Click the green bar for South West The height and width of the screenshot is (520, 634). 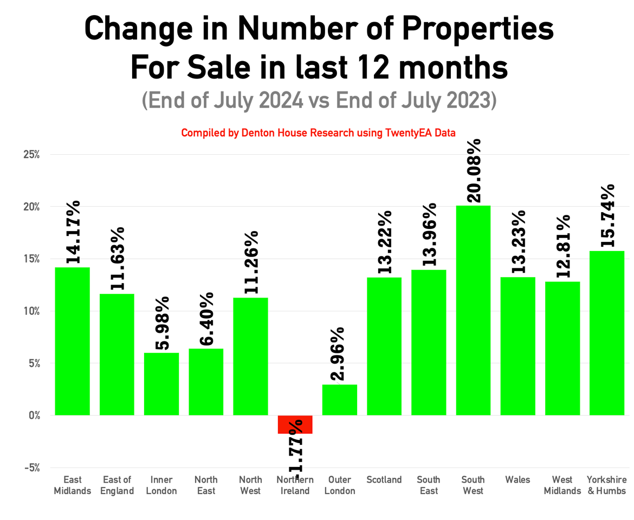(x=473, y=311)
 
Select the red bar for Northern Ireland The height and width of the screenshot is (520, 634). (x=295, y=424)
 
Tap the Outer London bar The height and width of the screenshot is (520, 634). (x=340, y=400)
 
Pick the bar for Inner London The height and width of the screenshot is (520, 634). (x=161, y=384)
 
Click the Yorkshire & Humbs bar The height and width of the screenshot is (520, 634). (x=607, y=333)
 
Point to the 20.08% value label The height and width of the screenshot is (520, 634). (x=474, y=170)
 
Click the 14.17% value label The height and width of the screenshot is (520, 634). (x=73, y=232)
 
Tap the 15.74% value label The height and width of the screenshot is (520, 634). (x=607, y=216)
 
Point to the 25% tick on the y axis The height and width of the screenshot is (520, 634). (x=31, y=155)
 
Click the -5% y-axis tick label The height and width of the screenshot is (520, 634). (x=33, y=468)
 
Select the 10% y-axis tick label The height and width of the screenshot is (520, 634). (x=31, y=311)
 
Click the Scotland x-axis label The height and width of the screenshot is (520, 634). (x=384, y=479)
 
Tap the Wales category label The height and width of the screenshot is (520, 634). (x=517, y=479)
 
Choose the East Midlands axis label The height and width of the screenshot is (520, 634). (x=73, y=485)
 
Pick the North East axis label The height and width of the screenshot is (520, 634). (x=206, y=485)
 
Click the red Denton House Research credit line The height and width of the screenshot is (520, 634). (x=318, y=133)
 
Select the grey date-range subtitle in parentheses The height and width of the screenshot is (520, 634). (x=319, y=100)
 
